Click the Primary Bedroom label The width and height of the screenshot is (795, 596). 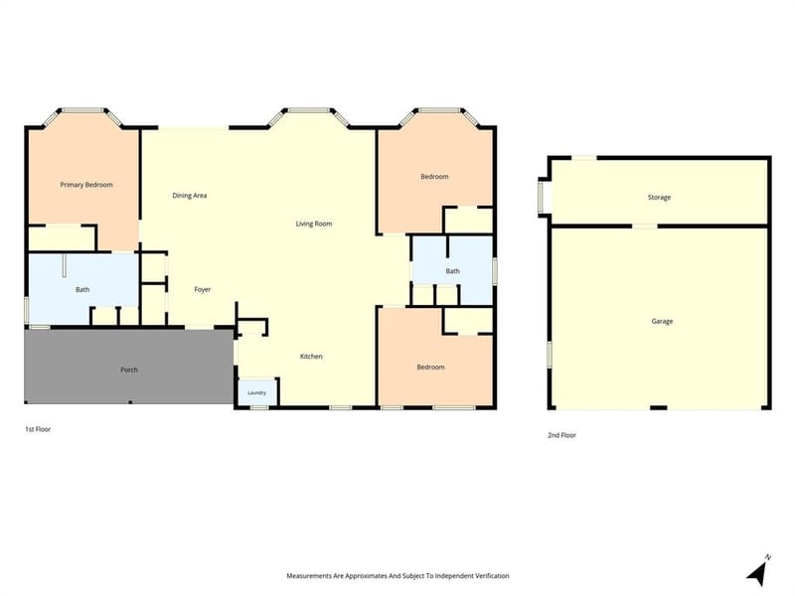(x=86, y=185)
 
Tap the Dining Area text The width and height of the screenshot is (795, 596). (x=189, y=195)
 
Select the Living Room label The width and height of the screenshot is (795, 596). (x=314, y=223)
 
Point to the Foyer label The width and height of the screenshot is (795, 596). (x=203, y=289)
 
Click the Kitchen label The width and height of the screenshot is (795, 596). (x=311, y=357)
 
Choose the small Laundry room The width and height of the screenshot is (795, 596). (x=257, y=392)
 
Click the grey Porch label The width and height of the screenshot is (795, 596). (x=129, y=370)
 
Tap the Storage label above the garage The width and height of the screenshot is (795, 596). (x=659, y=197)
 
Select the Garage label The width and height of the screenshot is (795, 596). (x=662, y=321)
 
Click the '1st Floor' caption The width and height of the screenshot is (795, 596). (x=38, y=429)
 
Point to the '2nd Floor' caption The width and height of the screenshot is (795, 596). (x=561, y=435)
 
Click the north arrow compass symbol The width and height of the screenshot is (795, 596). (x=759, y=570)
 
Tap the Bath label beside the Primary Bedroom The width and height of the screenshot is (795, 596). (x=82, y=289)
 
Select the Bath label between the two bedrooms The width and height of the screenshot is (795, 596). (x=453, y=271)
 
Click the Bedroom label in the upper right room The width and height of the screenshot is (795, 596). (x=434, y=177)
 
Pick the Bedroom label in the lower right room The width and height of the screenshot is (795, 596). (x=430, y=367)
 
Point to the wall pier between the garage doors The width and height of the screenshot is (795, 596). (x=659, y=407)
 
